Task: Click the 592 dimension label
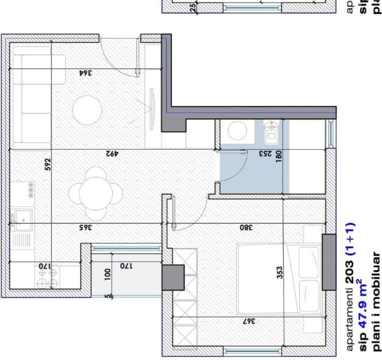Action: click(47, 165)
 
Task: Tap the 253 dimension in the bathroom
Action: click(265, 154)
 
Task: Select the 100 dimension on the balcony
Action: click(108, 273)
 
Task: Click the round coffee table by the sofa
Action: click(87, 110)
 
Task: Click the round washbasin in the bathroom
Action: click(237, 131)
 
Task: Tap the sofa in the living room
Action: click(31, 98)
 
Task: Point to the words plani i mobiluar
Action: click(375, 300)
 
